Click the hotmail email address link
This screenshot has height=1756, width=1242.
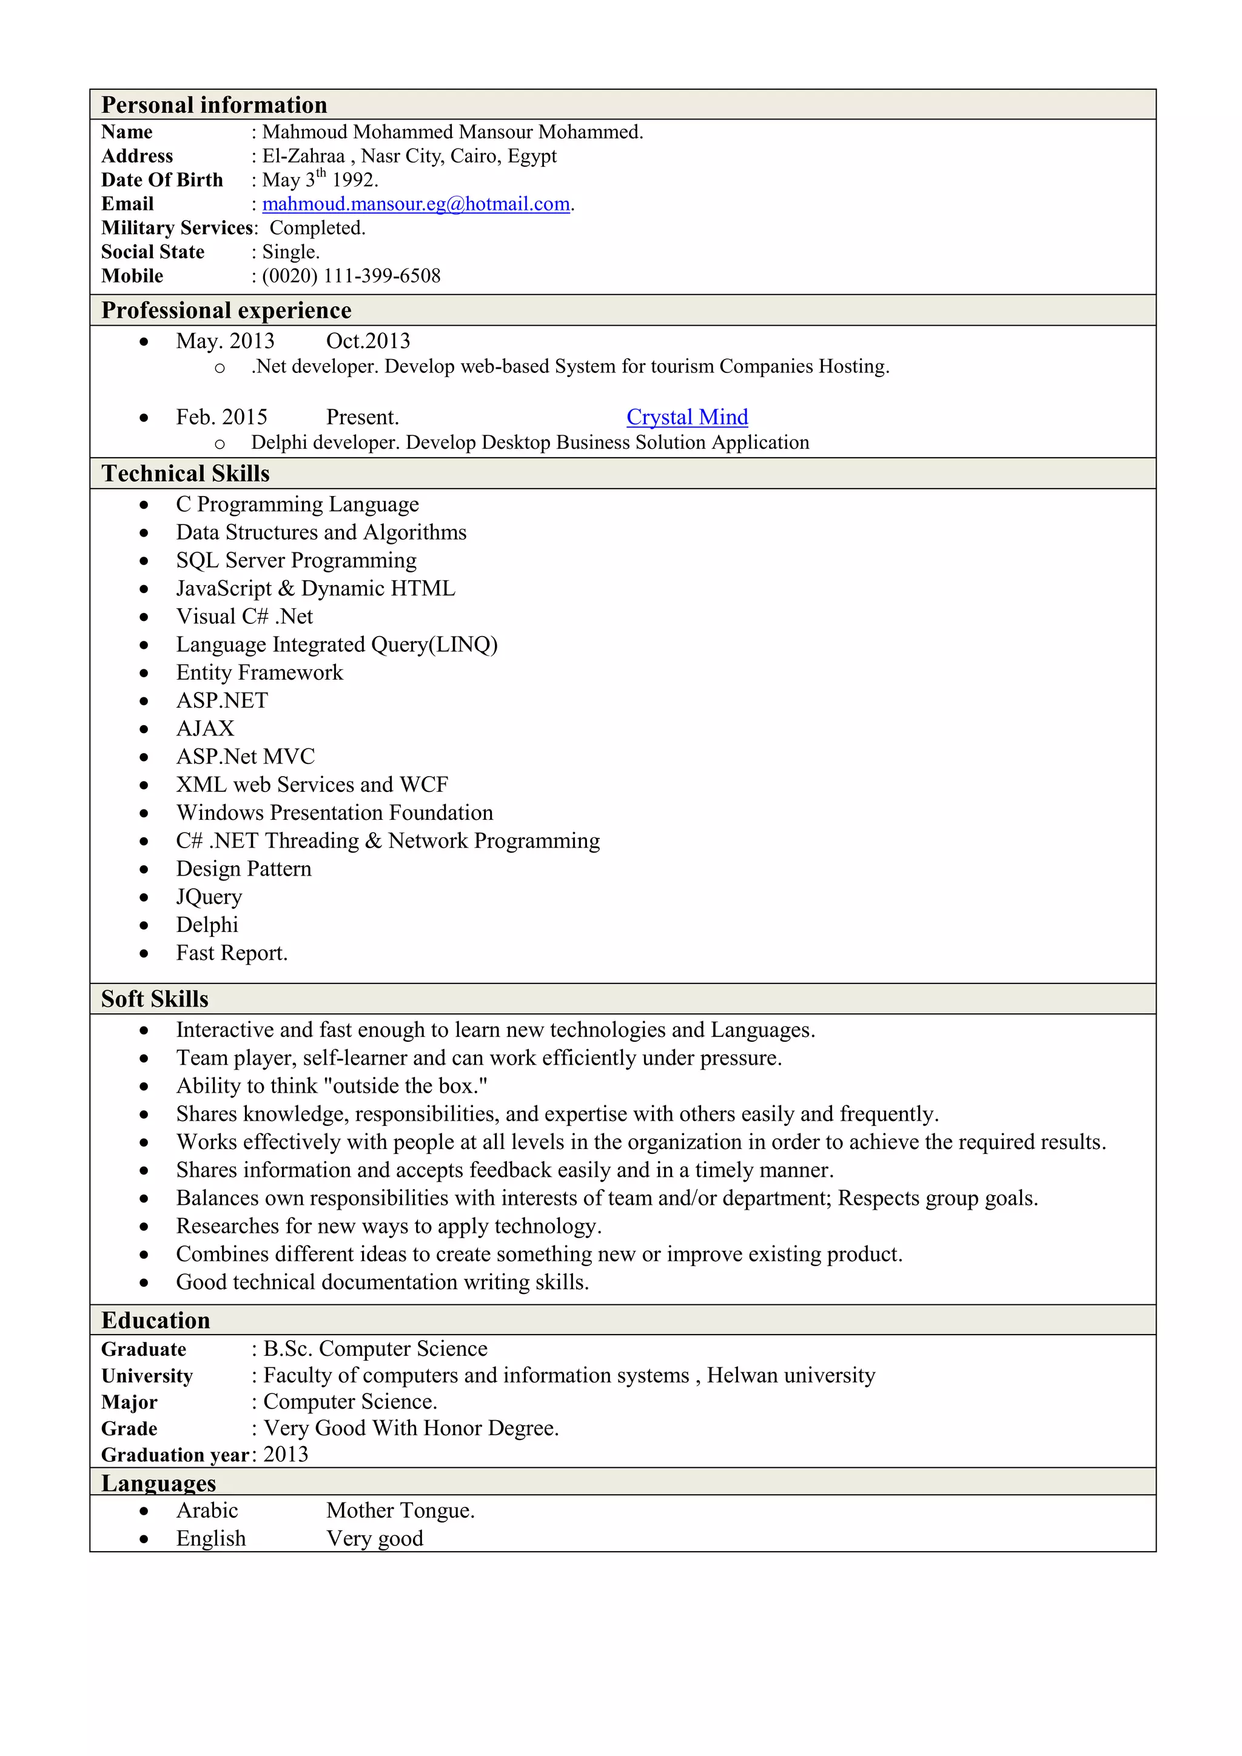[416, 204]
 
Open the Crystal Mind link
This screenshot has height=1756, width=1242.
[686, 417]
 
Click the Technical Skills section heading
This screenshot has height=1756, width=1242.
[186, 474]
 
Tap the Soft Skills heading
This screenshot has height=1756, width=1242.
[155, 999]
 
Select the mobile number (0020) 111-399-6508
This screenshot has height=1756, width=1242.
[351, 276]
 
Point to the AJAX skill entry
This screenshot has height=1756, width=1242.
[205, 729]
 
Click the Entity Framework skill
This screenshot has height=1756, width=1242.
[260, 673]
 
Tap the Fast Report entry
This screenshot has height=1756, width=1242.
[231, 953]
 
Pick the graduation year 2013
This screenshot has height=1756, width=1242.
[286, 1455]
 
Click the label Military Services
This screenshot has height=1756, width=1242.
[178, 228]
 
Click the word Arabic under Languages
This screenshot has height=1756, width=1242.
[207, 1510]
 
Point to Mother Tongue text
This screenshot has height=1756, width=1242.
[400, 1510]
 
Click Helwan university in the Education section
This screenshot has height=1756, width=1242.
[791, 1375]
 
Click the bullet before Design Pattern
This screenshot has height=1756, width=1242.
[144, 870]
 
